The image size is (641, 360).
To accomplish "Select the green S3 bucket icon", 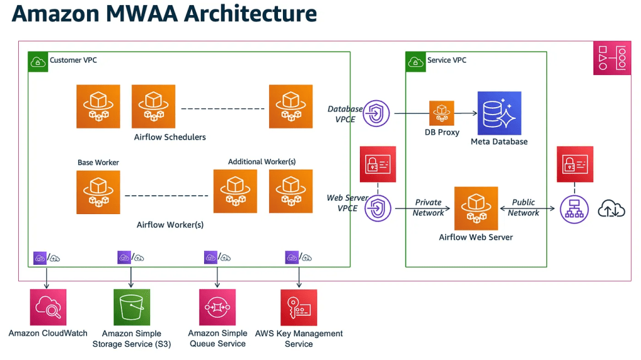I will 131,307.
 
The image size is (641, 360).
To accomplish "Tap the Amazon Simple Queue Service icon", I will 217,307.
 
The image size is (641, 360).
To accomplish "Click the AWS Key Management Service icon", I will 299,307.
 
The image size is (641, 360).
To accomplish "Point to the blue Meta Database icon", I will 499,113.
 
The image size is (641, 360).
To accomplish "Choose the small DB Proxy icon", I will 441,113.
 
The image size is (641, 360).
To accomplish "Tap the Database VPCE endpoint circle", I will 376,113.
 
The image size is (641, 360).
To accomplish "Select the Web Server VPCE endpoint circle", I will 377,208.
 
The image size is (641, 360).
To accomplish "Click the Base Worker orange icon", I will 98,192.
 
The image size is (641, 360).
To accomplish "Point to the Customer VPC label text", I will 73,60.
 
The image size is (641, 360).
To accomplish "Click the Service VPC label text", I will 446,60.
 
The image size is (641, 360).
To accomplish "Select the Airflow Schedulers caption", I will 170,137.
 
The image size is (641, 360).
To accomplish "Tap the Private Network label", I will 428,208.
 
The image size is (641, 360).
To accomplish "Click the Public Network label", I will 523,208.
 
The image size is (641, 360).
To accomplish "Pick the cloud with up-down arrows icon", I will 612,209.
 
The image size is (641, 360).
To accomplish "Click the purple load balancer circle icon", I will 572,208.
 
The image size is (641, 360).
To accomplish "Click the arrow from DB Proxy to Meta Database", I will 465,113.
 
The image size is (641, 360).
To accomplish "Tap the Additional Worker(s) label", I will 262,162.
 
